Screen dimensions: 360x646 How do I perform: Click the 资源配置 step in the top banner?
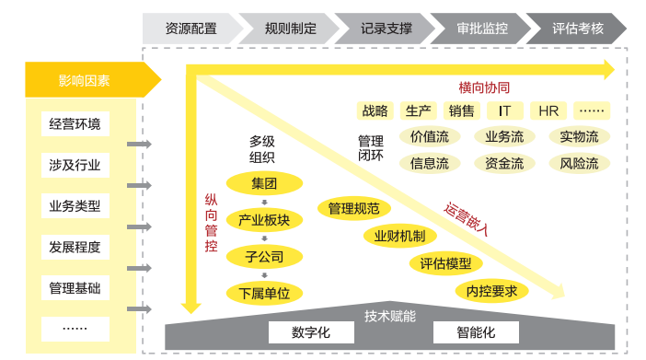[191, 28]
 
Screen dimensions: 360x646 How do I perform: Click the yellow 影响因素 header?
[85, 80]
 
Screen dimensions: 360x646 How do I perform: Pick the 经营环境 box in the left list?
[75, 124]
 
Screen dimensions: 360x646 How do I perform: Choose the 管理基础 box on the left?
[75, 288]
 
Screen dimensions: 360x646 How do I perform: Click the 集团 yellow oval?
[264, 183]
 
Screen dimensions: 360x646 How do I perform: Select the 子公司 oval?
[264, 256]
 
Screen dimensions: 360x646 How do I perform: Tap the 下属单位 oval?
[264, 294]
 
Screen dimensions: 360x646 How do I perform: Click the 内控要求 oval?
[491, 291]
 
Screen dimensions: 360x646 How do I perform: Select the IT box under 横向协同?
[504, 111]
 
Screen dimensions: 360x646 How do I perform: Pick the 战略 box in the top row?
[375, 111]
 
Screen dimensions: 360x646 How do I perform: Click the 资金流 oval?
[504, 164]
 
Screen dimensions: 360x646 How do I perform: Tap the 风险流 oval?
[579, 164]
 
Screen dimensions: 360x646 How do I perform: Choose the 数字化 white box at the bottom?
[310, 332]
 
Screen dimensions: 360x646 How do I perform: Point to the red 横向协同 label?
[484, 87]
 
